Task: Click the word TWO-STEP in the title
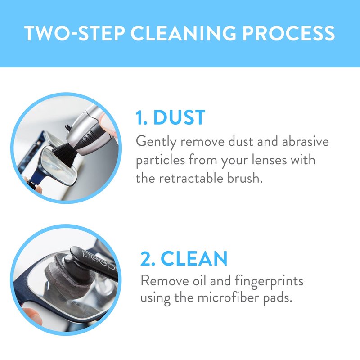[x=75, y=33]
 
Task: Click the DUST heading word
[x=179, y=117]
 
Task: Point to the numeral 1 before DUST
[x=139, y=117]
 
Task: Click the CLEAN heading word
[x=194, y=258]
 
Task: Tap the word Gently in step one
[x=156, y=142]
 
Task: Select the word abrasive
[x=306, y=141]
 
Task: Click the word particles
[x=160, y=160]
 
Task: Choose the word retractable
[x=191, y=178]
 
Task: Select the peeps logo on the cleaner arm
[x=100, y=261]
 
